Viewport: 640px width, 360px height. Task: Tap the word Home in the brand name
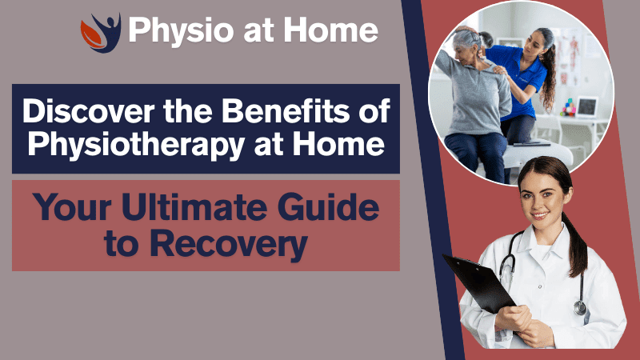pos(337,30)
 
